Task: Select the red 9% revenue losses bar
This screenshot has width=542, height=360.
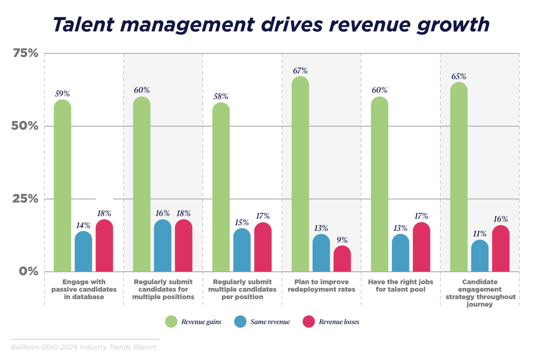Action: (x=342, y=259)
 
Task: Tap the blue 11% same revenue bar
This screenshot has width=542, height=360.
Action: (x=480, y=256)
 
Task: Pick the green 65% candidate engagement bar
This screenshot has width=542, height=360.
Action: (x=458, y=177)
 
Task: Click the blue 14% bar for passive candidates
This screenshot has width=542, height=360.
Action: (x=83, y=252)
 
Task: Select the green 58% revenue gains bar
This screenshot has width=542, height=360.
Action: (x=221, y=187)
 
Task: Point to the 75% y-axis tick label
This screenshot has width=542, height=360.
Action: (x=26, y=53)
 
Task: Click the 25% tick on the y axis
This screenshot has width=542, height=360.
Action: (x=26, y=198)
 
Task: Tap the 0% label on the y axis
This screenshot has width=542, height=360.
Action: (x=29, y=271)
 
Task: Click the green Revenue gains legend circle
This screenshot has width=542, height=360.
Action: (x=171, y=322)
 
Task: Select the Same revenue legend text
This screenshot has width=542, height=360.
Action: (x=270, y=322)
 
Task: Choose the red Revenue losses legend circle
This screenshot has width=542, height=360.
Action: (x=309, y=322)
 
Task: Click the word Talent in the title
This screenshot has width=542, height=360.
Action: (x=83, y=25)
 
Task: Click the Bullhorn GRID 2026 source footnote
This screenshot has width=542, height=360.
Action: (x=83, y=347)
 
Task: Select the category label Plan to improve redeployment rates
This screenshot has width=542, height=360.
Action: (x=321, y=285)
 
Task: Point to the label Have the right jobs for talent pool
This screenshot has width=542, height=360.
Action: (x=400, y=285)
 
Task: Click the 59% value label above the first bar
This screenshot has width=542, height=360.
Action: (x=62, y=93)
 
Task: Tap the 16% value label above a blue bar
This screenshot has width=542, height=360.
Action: (x=163, y=213)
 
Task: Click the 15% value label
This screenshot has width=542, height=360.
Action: (x=242, y=222)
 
